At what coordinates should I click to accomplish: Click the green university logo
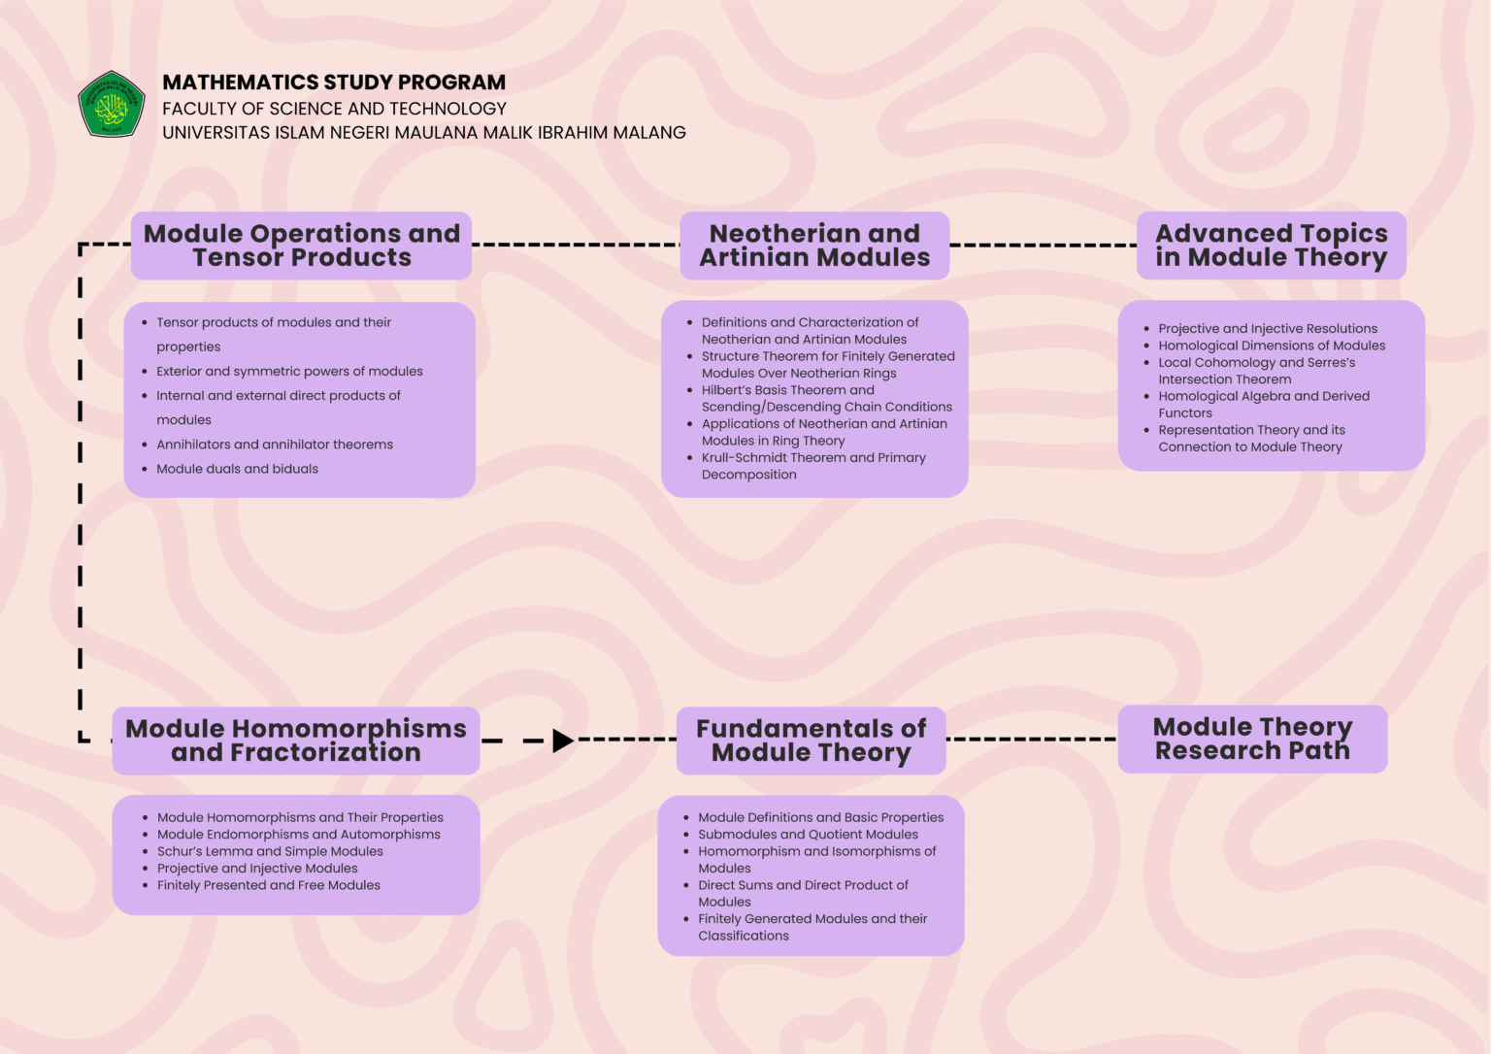click(x=112, y=104)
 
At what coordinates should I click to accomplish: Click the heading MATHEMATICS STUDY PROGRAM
click(x=334, y=82)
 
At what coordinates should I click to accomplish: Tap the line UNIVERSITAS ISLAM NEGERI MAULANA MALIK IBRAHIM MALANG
click(x=424, y=133)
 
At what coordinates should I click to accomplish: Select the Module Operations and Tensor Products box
click(x=302, y=246)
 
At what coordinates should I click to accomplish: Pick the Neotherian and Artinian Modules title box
click(x=814, y=246)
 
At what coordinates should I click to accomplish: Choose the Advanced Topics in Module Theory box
click(x=1271, y=246)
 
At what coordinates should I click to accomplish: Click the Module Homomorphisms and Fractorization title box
click(x=296, y=741)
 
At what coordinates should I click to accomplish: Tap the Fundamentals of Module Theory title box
click(x=811, y=741)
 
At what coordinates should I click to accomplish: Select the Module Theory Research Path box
click(x=1252, y=739)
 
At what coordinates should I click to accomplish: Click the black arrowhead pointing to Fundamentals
click(x=562, y=741)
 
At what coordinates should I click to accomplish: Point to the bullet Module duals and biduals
click(x=238, y=469)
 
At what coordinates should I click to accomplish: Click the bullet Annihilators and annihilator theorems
click(x=275, y=445)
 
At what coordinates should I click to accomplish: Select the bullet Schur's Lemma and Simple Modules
click(x=270, y=851)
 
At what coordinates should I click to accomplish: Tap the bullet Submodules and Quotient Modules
click(x=808, y=835)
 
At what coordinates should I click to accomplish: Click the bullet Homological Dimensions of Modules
click(x=1272, y=346)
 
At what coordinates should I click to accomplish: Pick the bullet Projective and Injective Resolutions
click(x=1268, y=329)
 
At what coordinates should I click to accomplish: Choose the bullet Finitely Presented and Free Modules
click(x=269, y=885)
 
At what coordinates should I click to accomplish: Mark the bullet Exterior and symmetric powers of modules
click(x=289, y=372)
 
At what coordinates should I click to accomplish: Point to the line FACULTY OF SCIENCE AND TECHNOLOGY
click(x=334, y=109)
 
